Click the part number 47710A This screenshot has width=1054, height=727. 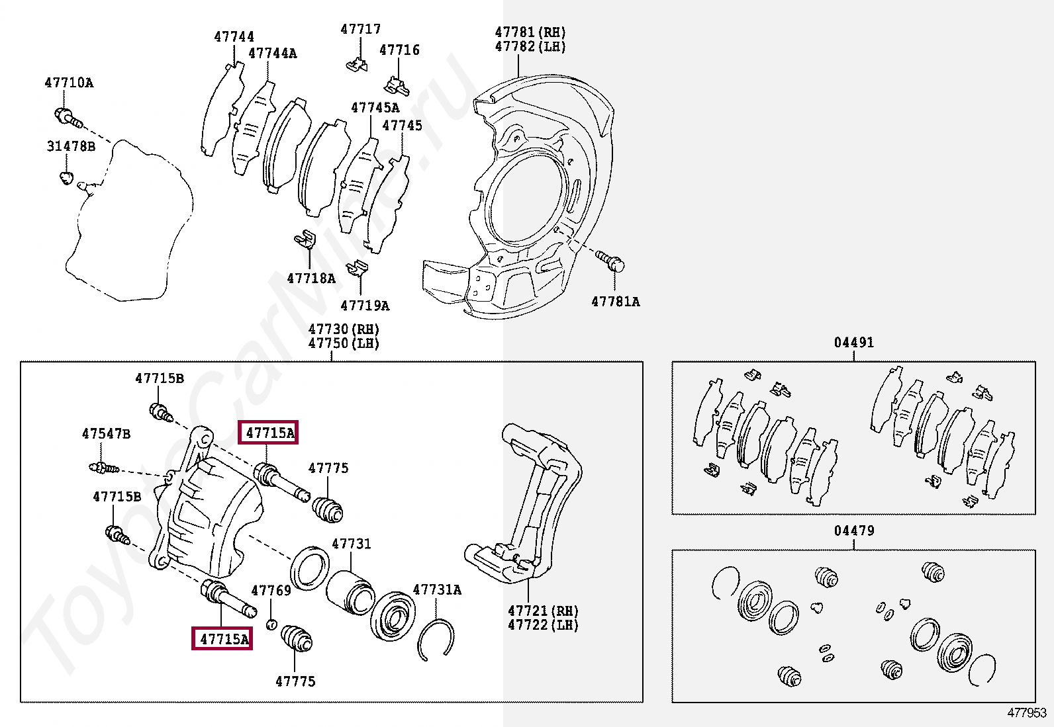[x=69, y=83]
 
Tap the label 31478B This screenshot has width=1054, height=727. [x=71, y=146]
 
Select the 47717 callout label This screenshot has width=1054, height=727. [x=361, y=29]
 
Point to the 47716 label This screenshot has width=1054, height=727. [x=399, y=50]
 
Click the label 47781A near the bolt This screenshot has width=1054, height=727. [x=615, y=302]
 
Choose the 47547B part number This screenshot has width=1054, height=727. [x=106, y=434]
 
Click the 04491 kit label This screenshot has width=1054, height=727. [x=853, y=342]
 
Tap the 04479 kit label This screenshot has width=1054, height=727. [x=853, y=531]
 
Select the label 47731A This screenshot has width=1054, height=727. [x=437, y=589]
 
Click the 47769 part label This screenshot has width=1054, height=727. [x=271, y=590]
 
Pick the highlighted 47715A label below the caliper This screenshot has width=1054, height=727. [x=222, y=639]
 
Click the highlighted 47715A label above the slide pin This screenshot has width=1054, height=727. [x=269, y=433]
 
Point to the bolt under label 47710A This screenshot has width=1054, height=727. [x=68, y=118]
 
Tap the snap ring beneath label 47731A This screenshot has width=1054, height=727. [x=436, y=639]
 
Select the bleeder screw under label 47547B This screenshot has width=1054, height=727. [x=103, y=468]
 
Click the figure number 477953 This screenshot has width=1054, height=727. [x=1026, y=712]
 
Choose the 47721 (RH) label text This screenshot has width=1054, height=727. [x=543, y=611]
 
